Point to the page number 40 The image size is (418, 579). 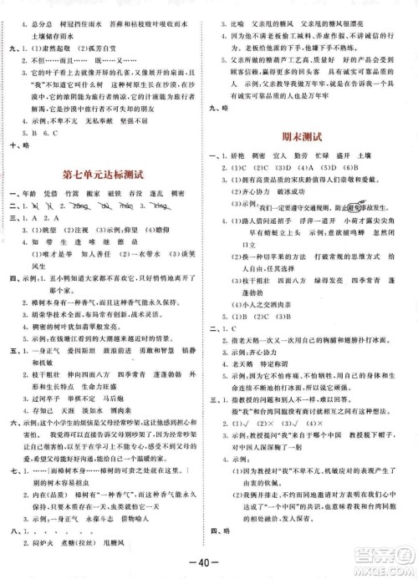(209, 558)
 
